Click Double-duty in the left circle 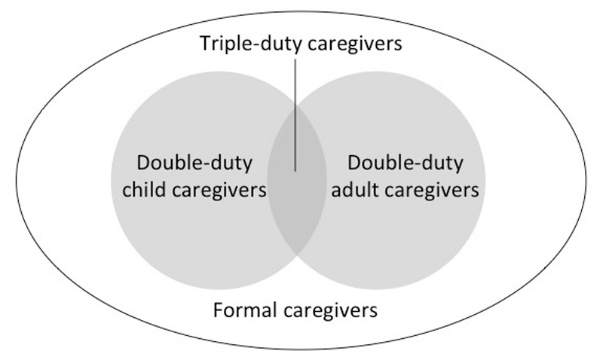point(194,163)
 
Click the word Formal point(240,310)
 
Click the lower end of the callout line point(295,170)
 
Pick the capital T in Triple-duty point(205,44)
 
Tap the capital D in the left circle point(142,163)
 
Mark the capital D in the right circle point(354,163)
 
